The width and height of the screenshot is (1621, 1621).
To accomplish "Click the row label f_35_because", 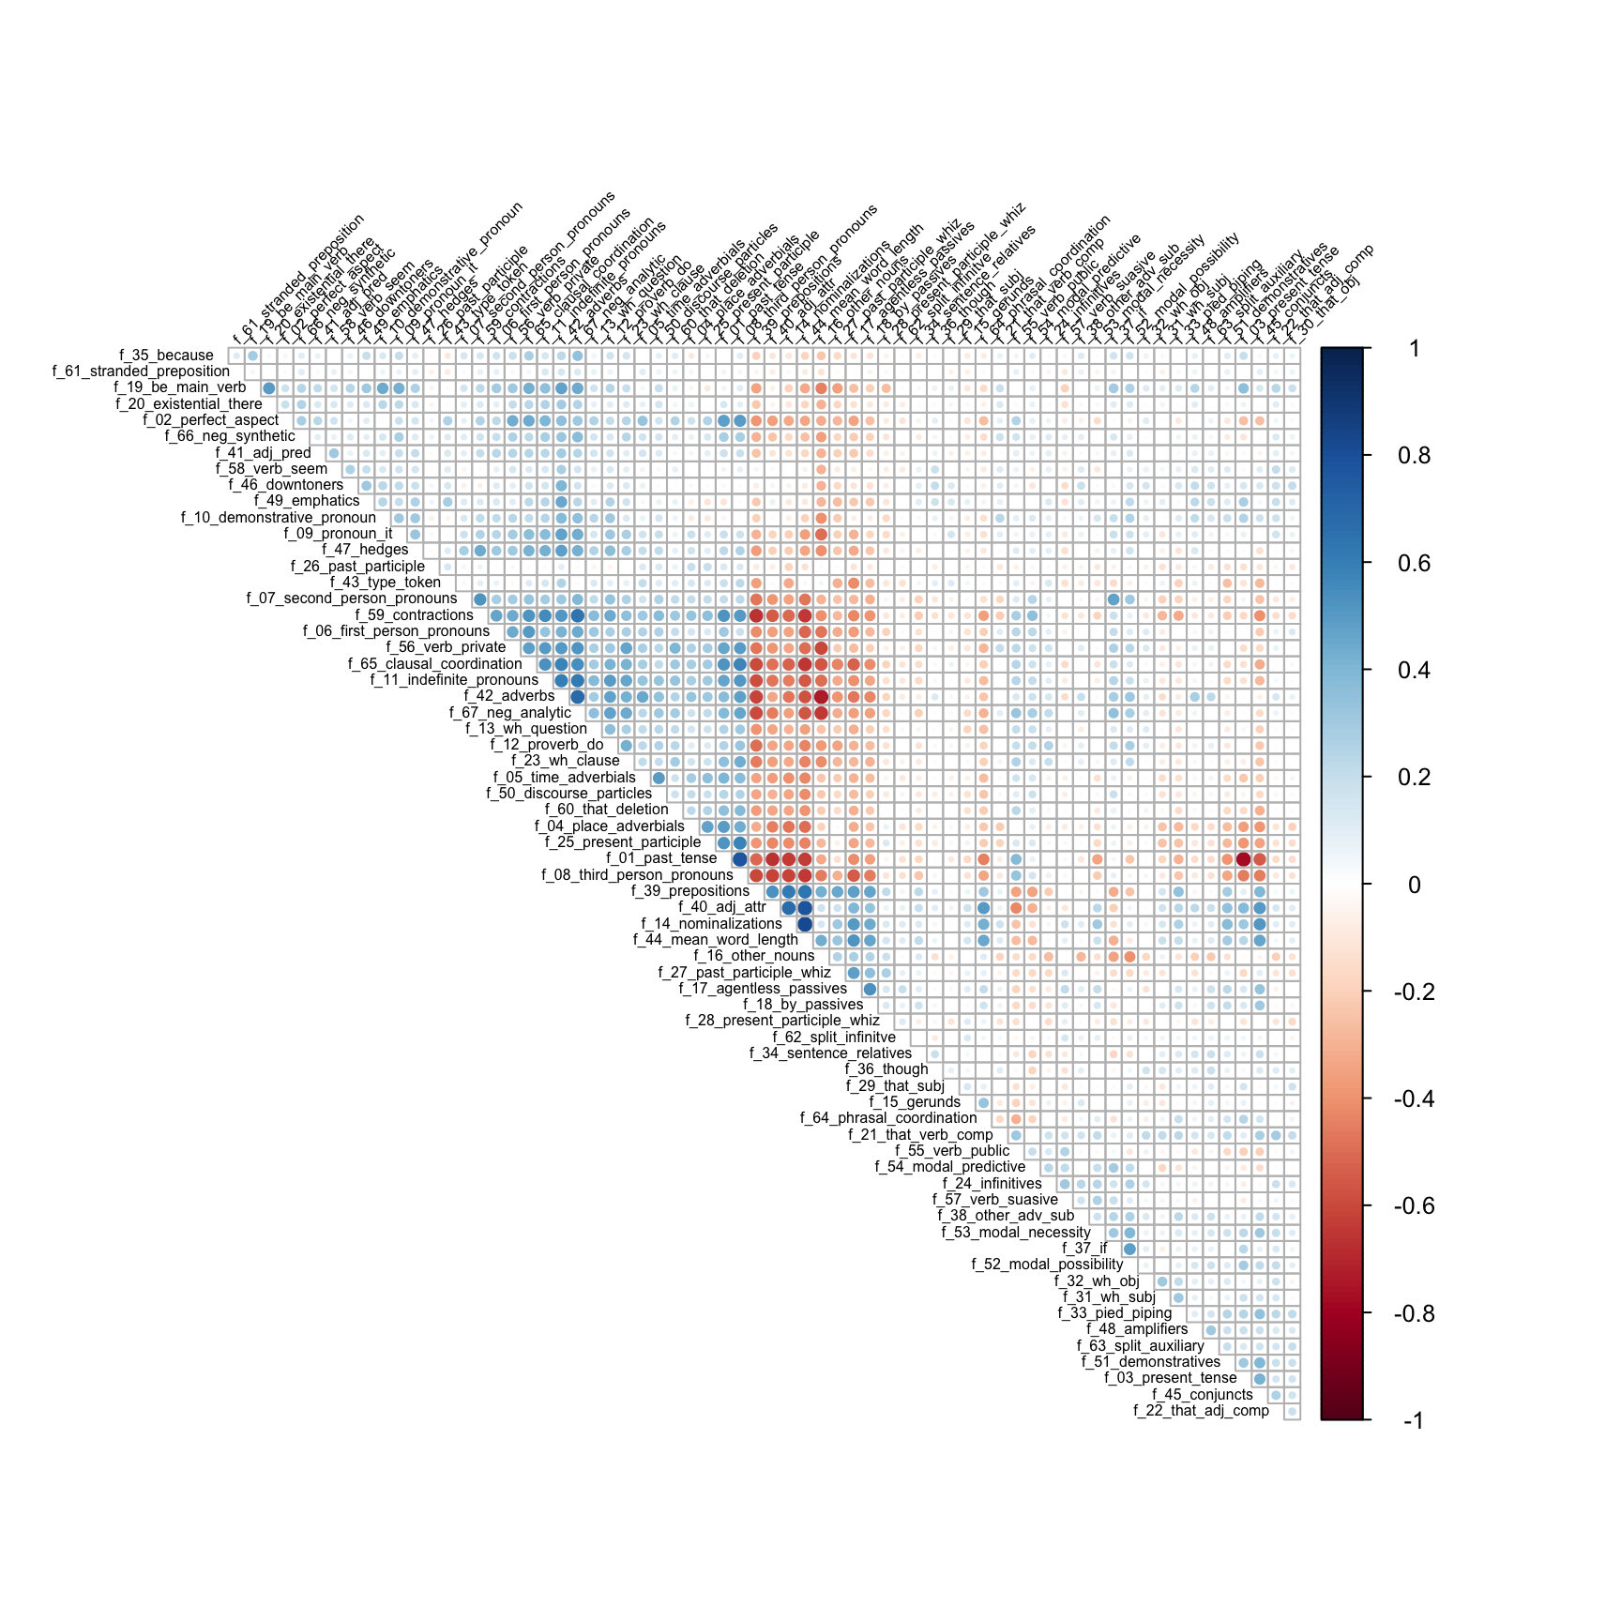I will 167,356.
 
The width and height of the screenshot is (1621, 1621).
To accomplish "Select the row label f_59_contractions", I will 414,615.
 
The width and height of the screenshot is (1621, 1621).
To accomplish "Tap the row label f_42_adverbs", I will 509,696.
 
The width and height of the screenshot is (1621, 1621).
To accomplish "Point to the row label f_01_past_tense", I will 661,858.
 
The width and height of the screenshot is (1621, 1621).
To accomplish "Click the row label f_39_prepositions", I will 690,891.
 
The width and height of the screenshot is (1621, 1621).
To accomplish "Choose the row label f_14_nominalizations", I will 711,924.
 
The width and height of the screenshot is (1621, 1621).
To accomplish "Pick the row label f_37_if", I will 1084,1249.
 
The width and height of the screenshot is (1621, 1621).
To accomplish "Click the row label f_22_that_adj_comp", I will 1201,1411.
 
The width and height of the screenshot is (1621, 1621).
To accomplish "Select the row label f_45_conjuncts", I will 1203,1395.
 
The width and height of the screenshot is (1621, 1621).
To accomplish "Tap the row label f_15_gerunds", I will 915,1102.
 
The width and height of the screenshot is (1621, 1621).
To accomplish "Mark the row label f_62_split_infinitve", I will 834,1038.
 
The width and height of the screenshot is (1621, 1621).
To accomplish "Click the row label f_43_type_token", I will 386,583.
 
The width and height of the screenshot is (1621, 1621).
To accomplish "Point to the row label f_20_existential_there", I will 189,404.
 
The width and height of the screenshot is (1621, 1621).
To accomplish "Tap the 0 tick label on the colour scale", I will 1415,885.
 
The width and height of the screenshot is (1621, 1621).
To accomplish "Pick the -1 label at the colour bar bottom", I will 1413,1421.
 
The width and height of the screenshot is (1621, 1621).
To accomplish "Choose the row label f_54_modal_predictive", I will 950,1167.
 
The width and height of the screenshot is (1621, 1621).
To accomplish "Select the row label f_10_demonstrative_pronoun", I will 279,518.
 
